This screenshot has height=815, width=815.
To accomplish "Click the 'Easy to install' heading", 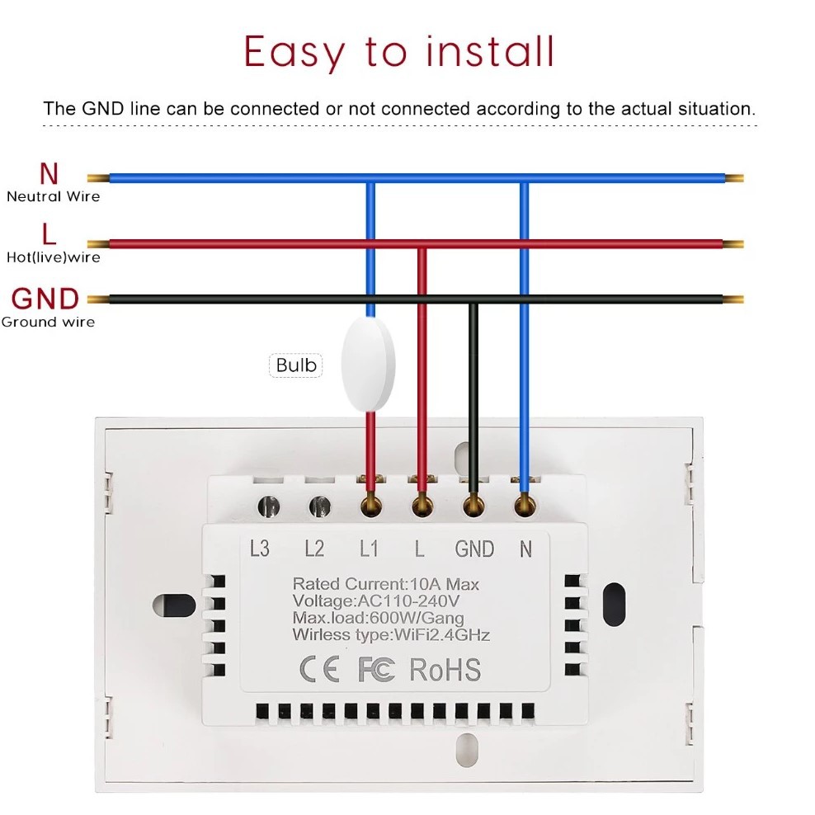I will click(x=399, y=52).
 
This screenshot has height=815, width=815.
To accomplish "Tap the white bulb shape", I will click(x=367, y=365).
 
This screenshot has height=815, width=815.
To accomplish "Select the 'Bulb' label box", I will click(x=296, y=365).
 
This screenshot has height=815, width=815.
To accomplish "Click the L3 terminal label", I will click(x=259, y=549).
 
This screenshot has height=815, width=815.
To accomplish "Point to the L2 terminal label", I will click(x=313, y=549).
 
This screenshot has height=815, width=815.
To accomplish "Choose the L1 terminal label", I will click(x=369, y=549).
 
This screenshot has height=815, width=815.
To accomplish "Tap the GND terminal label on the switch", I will click(x=474, y=549).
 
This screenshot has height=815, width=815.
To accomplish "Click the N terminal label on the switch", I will click(x=525, y=549).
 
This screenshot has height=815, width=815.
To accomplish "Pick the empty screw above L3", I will click(x=267, y=506).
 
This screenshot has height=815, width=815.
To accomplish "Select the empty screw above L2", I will click(x=318, y=506).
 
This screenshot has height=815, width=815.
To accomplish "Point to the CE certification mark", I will click(x=318, y=669).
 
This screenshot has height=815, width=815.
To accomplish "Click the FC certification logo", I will click(x=377, y=669).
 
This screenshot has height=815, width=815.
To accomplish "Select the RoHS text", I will click(x=445, y=669).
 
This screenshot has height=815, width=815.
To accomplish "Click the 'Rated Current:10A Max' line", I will click(x=385, y=584).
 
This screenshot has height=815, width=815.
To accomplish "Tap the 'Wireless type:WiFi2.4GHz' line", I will click(x=391, y=634).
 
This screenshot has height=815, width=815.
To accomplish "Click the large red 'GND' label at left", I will click(x=45, y=299).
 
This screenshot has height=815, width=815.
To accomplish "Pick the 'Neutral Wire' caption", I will click(x=53, y=196).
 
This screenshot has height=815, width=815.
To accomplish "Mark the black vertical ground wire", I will click(x=473, y=388).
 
